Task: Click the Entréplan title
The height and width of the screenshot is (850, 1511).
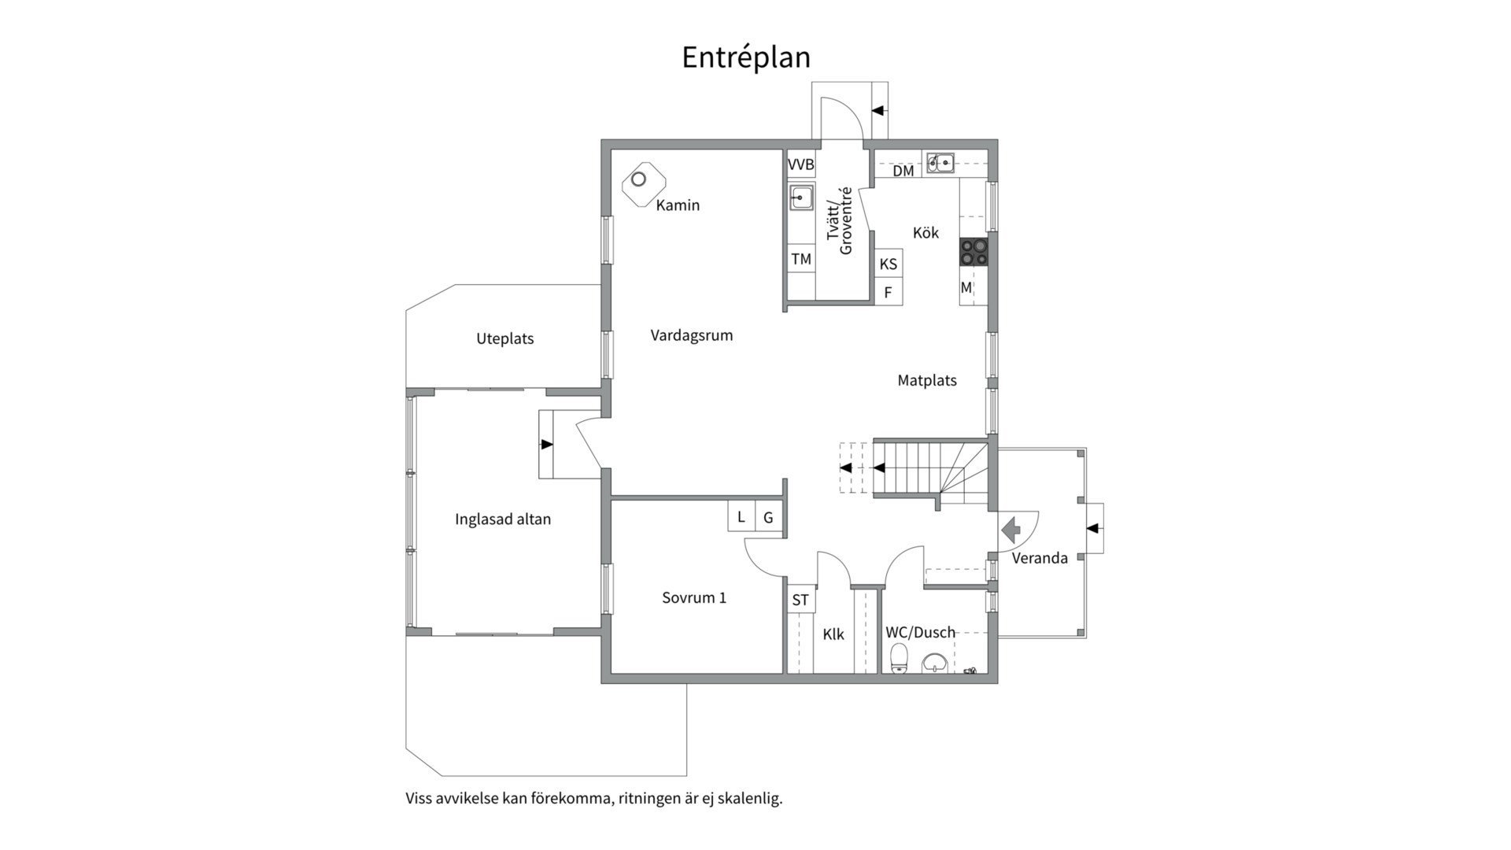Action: pyautogui.click(x=746, y=57)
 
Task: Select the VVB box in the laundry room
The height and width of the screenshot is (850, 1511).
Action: pyautogui.click(x=801, y=165)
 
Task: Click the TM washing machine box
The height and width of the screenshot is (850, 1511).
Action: pyautogui.click(x=801, y=259)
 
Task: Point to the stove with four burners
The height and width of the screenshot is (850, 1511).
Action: pyautogui.click(x=973, y=252)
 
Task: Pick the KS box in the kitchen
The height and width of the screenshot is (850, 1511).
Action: pyautogui.click(x=888, y=264)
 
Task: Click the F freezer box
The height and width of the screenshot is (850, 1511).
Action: pyautogui.click(x=888, y=292)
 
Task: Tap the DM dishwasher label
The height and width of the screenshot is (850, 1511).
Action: pyautogui.click(x=903, y=171)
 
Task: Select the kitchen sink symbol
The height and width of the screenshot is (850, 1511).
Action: pyautogui.click(x=940, y=163)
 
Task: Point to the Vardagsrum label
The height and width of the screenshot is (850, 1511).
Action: pyautogui.click(x=692, y=335)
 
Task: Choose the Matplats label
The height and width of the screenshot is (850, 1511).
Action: pyautogui.click(x=927, y=381)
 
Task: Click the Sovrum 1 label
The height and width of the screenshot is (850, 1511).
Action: pyautogui.click(x=694, y=598)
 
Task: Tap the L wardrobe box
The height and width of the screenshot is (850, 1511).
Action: pyautogui.click(x=741, y=517)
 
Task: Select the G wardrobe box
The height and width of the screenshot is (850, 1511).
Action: pyautogui.click(x=769, y=517)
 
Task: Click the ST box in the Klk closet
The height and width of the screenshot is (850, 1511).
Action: pyautogui.click(x=800, y=600)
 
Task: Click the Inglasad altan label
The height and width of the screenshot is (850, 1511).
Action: pyautogui.click(x=503, y=519)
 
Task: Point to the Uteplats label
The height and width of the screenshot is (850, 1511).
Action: pyautogui.click(x=505, y=339)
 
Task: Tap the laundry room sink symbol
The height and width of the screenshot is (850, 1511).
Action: pyautogui.click(x=801, y=198)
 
